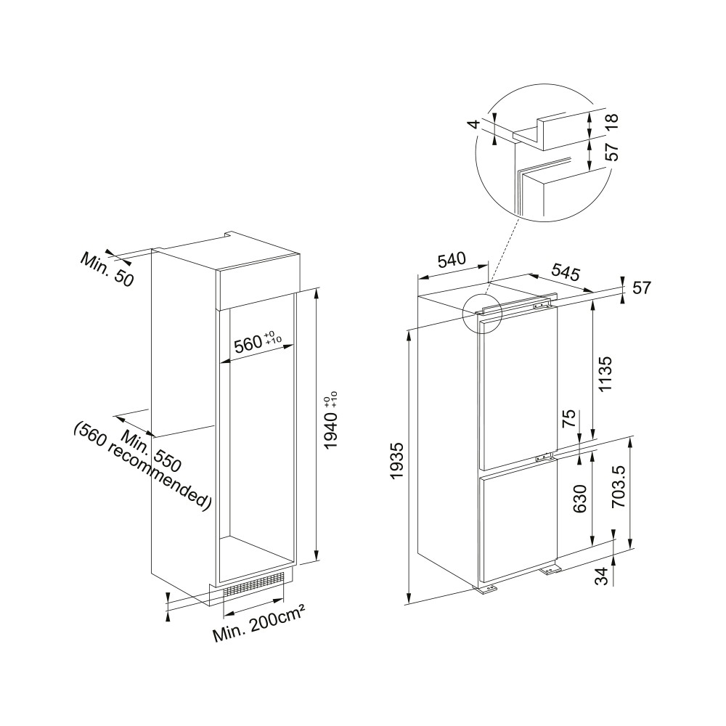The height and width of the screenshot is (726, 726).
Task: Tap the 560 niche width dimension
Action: click(258, 342)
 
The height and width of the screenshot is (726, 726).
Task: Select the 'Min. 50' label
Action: click(107, 269)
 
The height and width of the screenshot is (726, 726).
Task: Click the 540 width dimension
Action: click(452, 260)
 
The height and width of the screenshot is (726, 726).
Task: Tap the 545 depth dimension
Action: click(566, 272)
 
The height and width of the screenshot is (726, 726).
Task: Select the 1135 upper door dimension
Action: click(605, 374)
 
